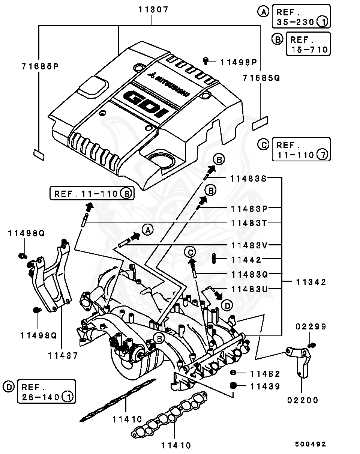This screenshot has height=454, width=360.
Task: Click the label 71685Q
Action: click(x=261, y=78)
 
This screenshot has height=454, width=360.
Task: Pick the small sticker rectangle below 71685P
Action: click(x=39, y=154)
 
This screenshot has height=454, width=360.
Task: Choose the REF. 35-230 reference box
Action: click(x=301, y=17)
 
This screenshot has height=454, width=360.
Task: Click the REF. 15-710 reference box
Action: click(x=308, y=44)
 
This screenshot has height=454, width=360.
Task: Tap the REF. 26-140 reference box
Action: click(x=46, y=392)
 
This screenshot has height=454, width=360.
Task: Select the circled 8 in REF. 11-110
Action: click(x=127, y=194)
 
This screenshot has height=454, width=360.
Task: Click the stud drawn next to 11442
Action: click(x=214, y=259)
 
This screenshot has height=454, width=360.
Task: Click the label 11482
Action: click(x=265, y=373)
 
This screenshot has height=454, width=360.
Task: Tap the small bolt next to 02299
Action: click(x=311, y=345)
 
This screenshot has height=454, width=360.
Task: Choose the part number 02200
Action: click(x=303, y=400)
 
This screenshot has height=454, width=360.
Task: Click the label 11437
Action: click(x=63, y=355)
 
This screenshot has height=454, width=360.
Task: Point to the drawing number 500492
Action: click(x=310, y=444)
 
